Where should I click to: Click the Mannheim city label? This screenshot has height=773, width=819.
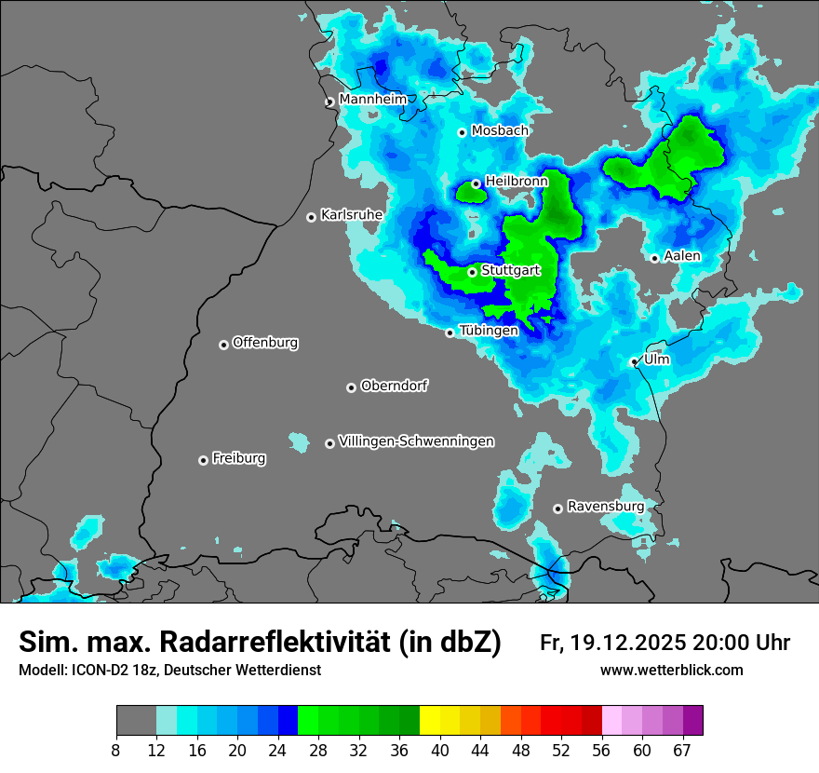[x=372, y=99]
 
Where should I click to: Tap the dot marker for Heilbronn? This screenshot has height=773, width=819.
[x=476, y=183]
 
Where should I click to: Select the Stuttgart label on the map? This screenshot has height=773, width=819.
[x=511, y=270]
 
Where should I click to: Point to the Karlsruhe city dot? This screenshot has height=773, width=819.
[x=311, y=217]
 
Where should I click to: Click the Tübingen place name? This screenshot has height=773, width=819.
[x=489, y=331]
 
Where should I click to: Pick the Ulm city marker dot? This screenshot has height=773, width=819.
[x=634, y=361]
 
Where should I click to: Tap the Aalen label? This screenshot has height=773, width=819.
[x=682, y=256]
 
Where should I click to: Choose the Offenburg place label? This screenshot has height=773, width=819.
[x=265, y=343]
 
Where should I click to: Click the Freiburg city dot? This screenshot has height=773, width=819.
[x=203, y=460]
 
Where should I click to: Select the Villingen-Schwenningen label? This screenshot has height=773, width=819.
[x=416, y=441]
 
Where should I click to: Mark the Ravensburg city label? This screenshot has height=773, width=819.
[x=606, y=507]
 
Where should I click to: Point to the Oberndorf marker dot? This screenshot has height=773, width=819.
[x=351, y=387]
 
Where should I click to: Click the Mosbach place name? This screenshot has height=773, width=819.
[x=500, y=131]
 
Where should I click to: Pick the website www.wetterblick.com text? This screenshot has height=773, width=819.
[x=672, y=671]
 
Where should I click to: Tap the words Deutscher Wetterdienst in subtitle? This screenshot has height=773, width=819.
[x=242, y=671]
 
